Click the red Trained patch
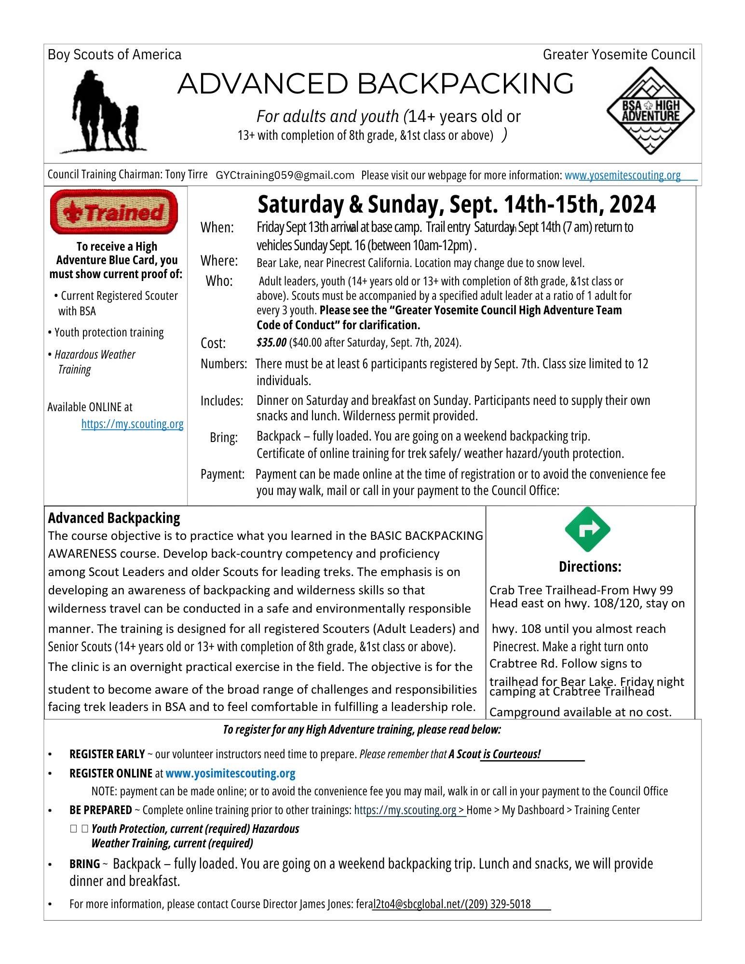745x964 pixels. point(114,212)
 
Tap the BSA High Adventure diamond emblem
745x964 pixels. point(650,111)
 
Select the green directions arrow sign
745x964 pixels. point(587,529)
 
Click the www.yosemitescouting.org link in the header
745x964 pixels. point(623,175)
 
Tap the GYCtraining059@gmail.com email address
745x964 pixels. point(285,175)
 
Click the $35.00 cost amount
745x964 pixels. point(271,343)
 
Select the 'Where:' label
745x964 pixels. point(219,261)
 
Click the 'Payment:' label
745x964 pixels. point(222,474)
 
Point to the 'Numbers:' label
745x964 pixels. point(224,364)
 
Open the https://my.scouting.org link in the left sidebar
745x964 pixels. point(132,424)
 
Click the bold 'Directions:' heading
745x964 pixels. point(590,567)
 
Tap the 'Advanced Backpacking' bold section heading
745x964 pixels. point(114,518)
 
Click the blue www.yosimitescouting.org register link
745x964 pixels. point(230,774)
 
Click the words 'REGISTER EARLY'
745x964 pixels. point(107,754)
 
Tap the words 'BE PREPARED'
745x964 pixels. point(101,810)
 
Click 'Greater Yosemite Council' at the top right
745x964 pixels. point(619,55)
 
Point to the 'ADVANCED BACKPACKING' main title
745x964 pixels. point(376,84)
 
